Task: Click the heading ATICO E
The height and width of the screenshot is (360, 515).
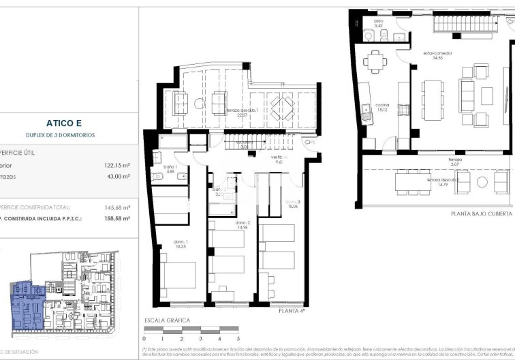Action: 65,123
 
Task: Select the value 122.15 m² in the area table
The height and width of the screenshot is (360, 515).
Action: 116,165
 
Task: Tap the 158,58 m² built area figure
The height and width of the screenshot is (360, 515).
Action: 116,218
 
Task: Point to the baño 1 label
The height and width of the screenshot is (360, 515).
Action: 170,168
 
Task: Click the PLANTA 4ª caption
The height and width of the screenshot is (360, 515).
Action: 292,310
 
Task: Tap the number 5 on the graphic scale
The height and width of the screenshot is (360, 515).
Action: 238,337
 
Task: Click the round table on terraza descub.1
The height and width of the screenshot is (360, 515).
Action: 199,104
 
